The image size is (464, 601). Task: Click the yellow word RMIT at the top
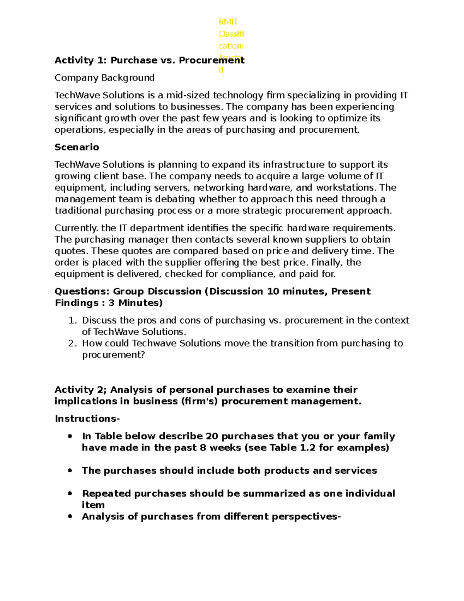click(228, 22)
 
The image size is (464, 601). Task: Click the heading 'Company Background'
click(104, 78)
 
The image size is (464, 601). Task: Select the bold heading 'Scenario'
click(77, 147)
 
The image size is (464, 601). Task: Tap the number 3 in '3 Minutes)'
click(111, 303)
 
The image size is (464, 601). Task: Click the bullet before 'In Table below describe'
click(70, 436)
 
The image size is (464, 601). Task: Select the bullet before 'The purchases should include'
click(70, 471)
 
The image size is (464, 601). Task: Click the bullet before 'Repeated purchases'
click(70, 493)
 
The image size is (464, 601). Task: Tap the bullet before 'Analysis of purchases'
click(70, 516)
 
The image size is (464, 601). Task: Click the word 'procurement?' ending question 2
click(113, 355)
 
